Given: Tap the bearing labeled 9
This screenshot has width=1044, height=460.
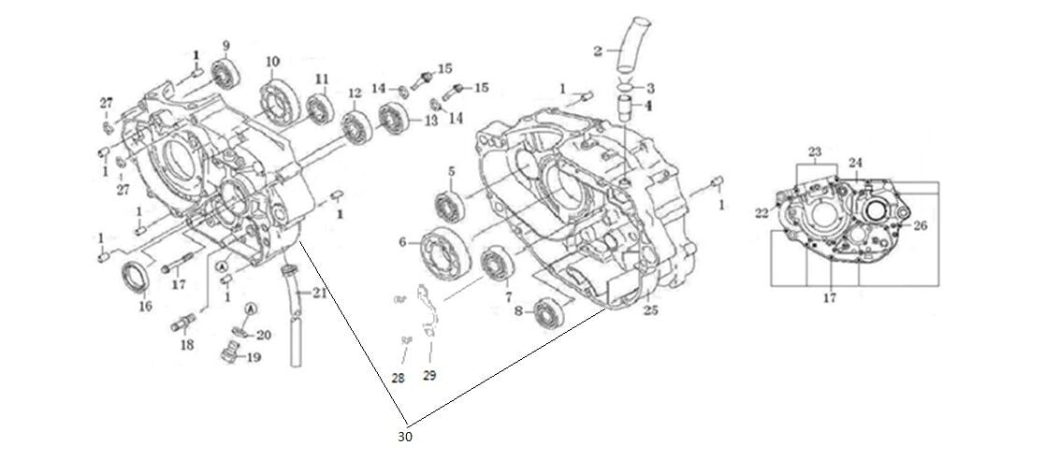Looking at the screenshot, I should point(224,73).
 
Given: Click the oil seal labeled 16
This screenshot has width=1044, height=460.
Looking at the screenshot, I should point(137,278).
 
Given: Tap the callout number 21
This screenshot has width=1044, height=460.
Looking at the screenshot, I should point(320,294).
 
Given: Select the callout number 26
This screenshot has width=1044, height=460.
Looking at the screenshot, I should point(921,225).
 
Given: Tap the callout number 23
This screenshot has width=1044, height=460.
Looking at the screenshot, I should point(815,151).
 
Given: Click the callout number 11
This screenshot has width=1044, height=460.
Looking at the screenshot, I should point(321,78).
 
